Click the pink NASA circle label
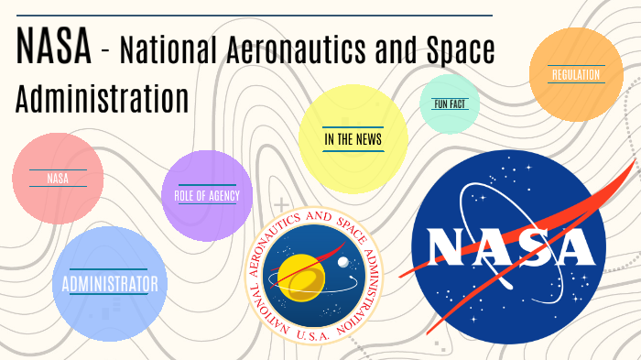point(57,179)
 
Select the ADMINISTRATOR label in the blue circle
point(110,284)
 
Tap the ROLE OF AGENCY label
point(207,196)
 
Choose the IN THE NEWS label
point(353,139)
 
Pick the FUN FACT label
point(451,104)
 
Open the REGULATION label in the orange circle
point(576,74)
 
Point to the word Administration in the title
point(103,97)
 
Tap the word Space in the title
point(455,53)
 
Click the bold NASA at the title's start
point(53,49)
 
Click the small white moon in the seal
point(342,263)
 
